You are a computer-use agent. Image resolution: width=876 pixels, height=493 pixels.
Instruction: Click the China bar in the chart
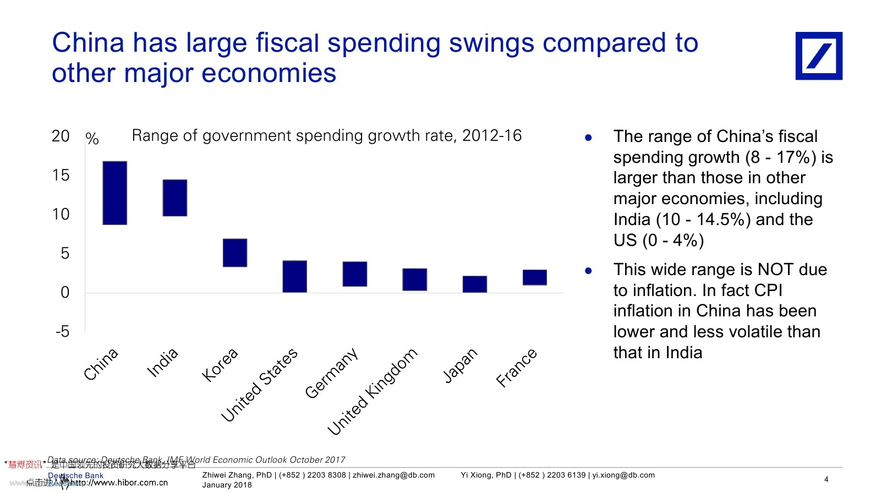pyautogui.click(x=115, y=193)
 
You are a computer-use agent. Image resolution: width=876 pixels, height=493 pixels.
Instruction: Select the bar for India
pyautogui.click(x=175, y=198)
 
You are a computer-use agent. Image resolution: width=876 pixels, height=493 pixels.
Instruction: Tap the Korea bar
pyautogui.click(x=235, y=253)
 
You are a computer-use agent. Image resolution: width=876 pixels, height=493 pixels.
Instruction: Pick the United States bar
pyautogui.click(x=295, y=276)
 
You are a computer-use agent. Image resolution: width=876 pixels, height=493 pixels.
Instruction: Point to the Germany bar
pyautogui.click(x=355, y=274)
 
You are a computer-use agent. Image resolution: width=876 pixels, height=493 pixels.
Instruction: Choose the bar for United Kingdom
pyautogui.click(x=415, y=280)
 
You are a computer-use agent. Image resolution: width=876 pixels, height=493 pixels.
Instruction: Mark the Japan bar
pyautogui.click(x=475, y=284)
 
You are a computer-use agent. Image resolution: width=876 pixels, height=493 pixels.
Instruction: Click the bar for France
pyautogui.click(x=535, y=277)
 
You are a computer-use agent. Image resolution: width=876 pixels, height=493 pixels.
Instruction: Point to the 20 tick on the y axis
pyautogui.click(x=61, y=136)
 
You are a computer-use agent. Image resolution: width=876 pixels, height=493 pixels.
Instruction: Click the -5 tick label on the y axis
pyautogui.click(x=62, y=331)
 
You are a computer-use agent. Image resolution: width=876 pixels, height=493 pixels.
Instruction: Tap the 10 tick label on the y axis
pyautogui.click(x=61, y=214)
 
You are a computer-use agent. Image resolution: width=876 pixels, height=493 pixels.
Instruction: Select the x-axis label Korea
pyautogui.click(x=220, y=365)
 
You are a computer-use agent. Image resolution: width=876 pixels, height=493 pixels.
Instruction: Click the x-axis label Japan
pyautogui.click(x=460, y=365)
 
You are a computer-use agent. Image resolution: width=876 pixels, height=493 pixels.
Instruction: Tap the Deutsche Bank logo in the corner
pyautogui.click(x=819, y=56)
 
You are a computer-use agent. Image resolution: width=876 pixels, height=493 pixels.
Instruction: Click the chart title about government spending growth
pyautogui.click(x=326, y=135)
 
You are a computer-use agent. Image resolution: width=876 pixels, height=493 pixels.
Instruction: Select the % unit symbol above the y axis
pyautogui.click(x=92, y=139)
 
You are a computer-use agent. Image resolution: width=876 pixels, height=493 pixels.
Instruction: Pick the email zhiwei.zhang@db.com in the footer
pyautogui.click(x=393, y=475)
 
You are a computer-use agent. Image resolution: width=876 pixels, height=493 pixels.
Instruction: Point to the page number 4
pyautogui.click(x=826, y=479)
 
